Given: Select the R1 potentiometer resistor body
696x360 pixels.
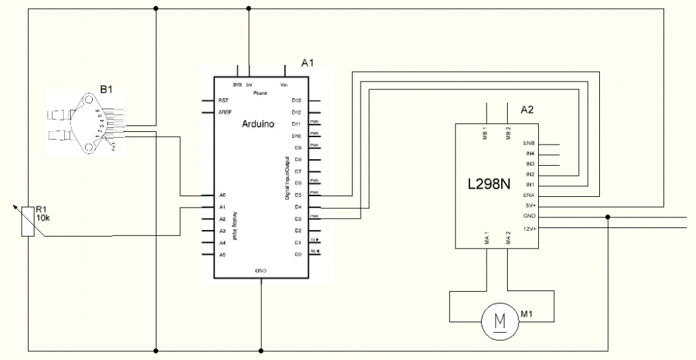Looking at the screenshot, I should [27, 221].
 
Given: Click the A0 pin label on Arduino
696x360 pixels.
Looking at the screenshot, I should [223, 196].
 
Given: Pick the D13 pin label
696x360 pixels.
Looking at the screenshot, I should [296, 100].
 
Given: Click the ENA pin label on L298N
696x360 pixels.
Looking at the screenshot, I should [529, 196].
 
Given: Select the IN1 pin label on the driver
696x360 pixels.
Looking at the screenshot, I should [530, 184].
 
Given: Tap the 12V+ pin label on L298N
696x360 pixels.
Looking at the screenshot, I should [529, 227].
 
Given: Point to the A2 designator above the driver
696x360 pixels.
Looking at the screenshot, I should [527, 110].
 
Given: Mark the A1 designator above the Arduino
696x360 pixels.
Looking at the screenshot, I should [307, 64].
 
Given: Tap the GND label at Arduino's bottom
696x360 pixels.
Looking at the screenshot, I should [261, 271].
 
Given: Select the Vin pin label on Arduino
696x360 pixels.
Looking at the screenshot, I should [284, 85].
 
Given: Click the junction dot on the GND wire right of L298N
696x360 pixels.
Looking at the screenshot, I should [608, 217].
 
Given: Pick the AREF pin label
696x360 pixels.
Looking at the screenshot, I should [225, 112].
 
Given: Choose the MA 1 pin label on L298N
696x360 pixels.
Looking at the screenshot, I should [487, 237].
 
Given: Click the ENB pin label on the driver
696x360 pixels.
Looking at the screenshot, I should [529, 143].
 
